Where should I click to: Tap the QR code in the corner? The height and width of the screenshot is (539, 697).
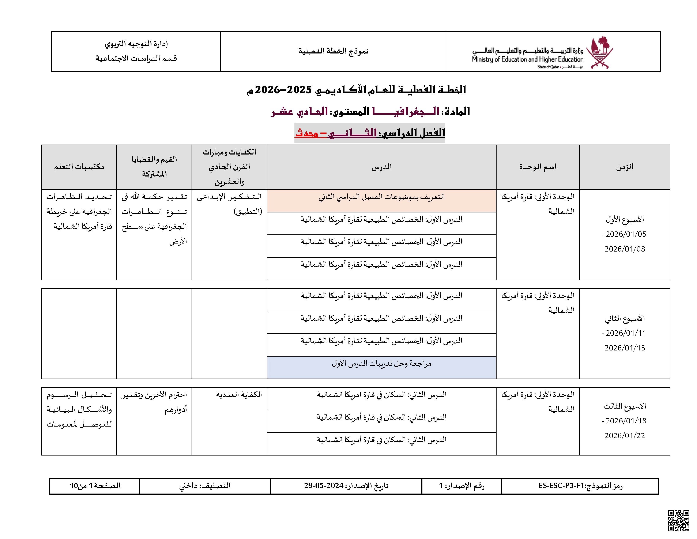click(678, 520)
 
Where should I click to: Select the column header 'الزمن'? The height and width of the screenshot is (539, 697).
click(625, 167)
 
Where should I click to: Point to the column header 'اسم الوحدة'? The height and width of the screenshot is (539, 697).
click(538, 167)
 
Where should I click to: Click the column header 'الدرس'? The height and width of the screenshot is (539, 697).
click(381, 167)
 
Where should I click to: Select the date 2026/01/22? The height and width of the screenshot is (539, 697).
click(625, 436)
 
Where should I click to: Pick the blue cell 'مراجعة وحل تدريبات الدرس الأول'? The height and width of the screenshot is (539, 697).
click(381, 364)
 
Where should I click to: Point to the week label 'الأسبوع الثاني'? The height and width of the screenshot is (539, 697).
click(625, 318)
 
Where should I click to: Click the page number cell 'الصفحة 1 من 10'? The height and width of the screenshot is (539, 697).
click(95, 486)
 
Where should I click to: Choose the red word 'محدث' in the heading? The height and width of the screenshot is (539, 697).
click(306, 133)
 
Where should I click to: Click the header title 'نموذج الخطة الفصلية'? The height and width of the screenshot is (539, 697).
click(333, 51)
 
